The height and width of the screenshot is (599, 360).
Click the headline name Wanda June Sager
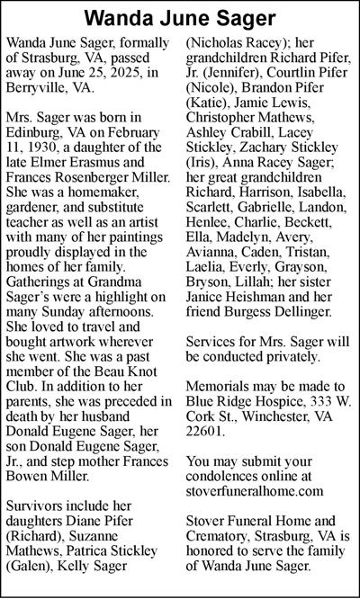tap(179, 18)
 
